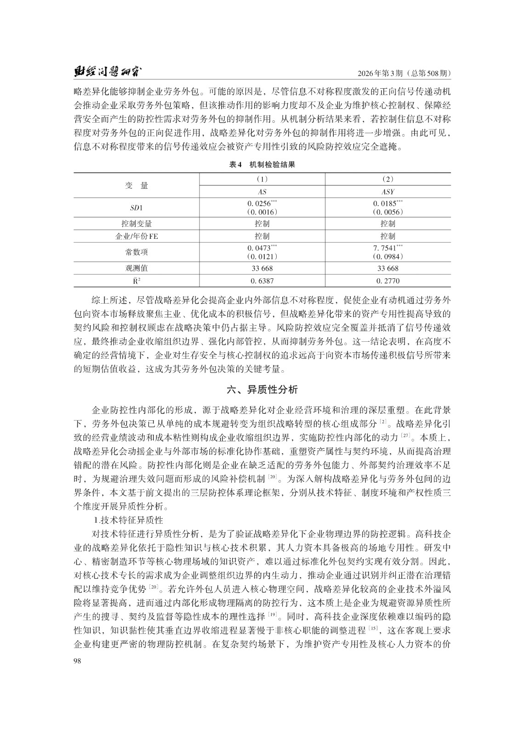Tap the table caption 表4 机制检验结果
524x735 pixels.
[262, 164]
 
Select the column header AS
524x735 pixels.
[262, 192]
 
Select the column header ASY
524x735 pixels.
[387, 192]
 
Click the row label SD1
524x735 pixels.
[137, 208]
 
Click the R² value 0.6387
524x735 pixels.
[262, 280]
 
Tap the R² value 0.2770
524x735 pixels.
[387, 280]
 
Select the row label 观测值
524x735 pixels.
[137, 268]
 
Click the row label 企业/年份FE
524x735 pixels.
[137, 236]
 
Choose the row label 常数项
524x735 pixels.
[137, 252]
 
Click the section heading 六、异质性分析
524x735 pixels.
[262, 390]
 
